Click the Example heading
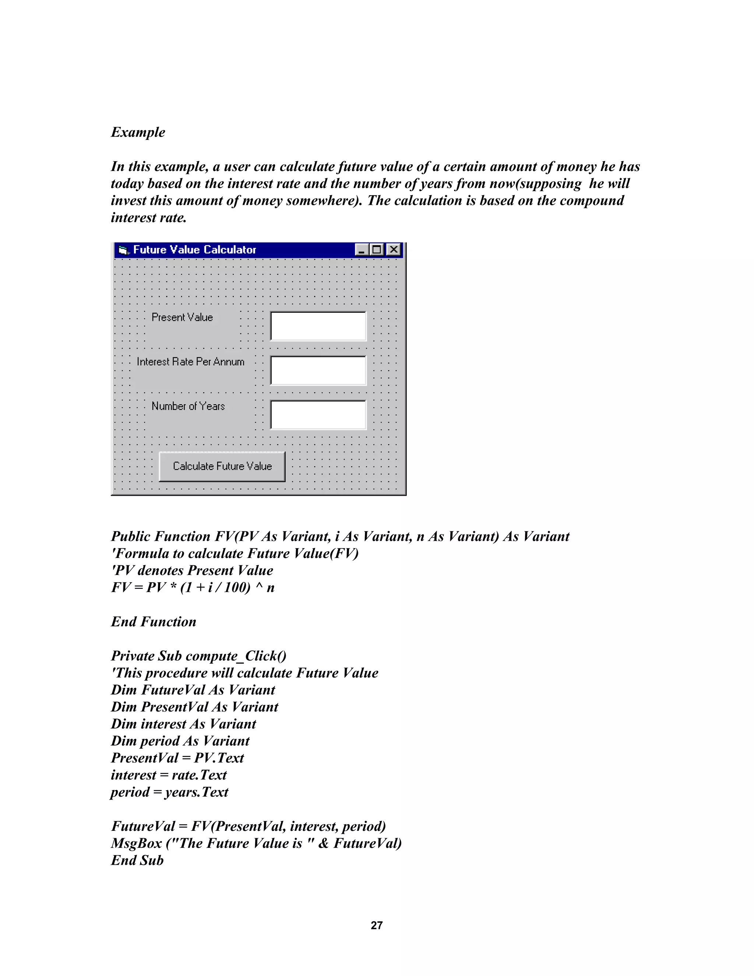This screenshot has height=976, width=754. coord(138,132)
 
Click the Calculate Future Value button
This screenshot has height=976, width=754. coord(222,466)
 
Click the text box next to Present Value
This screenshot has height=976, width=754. coord(318,326)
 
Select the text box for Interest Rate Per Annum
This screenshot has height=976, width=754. coord(318,371)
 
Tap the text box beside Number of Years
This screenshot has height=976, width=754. coord(318,415)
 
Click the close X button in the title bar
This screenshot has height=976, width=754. coord(394,249)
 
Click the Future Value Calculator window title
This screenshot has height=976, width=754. coord(194,250)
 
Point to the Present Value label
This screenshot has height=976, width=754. coord(182,317)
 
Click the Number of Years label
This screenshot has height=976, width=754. coord(188,406)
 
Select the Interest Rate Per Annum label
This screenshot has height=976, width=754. coord(190,362)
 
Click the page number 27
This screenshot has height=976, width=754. coord(377,925)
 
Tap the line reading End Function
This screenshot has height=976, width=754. coord(153,622)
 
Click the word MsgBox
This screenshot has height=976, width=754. coord(136,843)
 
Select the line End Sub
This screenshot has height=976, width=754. coord(137,860)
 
